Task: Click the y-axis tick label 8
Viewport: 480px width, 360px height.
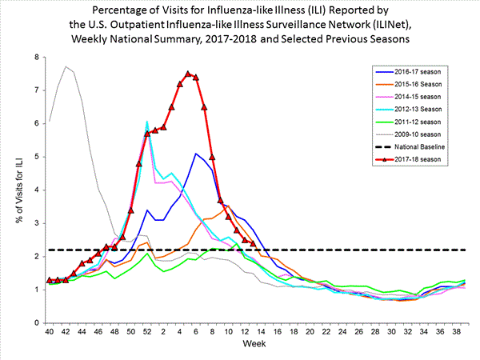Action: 36,58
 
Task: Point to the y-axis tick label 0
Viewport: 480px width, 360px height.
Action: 36,322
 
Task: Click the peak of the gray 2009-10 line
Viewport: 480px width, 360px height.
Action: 66,66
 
